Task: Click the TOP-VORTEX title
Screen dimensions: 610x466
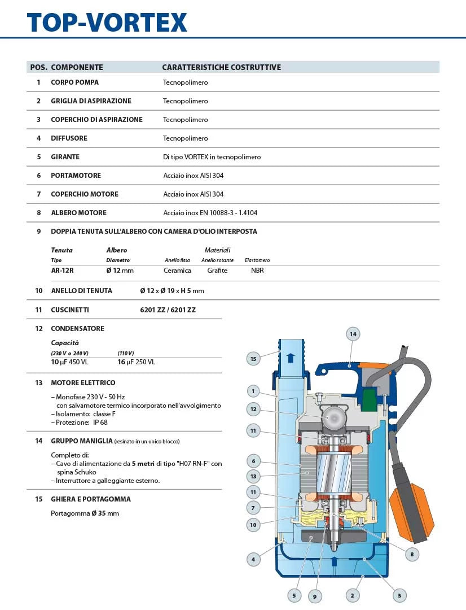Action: tap(107, 22)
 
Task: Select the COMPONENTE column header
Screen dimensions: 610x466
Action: tap(77, 67)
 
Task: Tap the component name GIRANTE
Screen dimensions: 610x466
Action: tap(65, 157)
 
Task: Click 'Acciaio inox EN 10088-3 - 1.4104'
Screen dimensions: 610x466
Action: tap(210, 213)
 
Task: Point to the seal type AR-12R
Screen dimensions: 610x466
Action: tap(62, 271)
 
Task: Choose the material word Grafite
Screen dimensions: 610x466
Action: tap(217, 271)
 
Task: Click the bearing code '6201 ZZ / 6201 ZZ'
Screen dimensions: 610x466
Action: tap(168, 310)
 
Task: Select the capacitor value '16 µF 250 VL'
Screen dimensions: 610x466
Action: tap(136, 362)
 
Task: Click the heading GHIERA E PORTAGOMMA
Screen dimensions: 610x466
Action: tap(91, 499)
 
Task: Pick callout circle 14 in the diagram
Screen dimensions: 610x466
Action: tap(353, 334)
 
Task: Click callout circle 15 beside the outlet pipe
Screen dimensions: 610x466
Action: tap(253, 358)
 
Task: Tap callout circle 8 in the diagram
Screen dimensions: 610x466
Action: tap(412, 555)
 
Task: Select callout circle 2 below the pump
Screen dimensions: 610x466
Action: tap(352, 595)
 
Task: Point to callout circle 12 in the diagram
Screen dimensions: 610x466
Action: tap(253, 409)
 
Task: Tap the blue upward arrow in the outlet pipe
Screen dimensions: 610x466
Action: tap(291, 358)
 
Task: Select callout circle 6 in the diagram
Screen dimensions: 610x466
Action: tap(253, 461)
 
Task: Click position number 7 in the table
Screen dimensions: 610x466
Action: tap(39, 194)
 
